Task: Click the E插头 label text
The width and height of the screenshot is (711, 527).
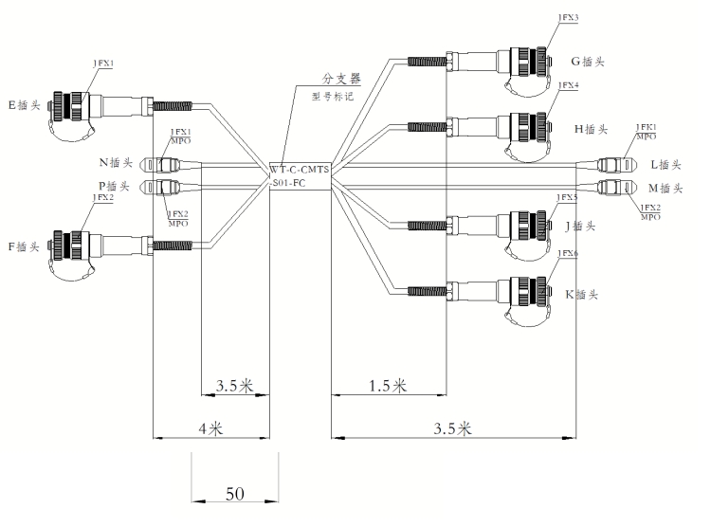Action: (x=26, y=104)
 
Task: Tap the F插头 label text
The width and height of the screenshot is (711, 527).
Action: (x=26, y=246)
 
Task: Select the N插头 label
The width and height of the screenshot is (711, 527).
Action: (x=115, y=162)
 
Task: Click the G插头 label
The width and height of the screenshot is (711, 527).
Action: (x=588, y=63)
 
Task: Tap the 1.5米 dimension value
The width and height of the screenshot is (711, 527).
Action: (x=387, y=385)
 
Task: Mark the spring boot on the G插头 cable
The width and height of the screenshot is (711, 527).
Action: (x=425, y=62)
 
